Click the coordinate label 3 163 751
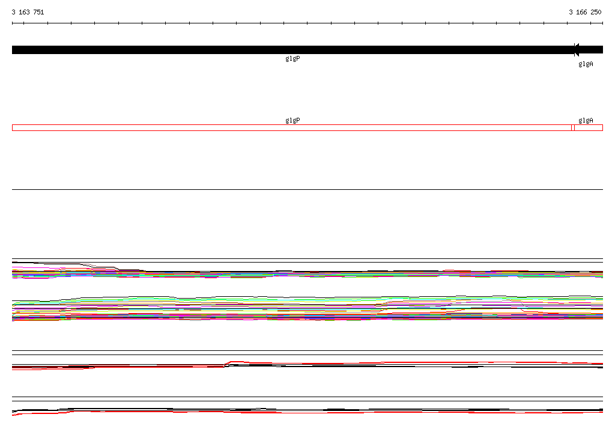coord(28,12)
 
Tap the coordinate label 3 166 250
coord(585,12)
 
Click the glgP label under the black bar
coord(292,58)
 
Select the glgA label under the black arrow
coord(586,64)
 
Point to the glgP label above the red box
coord(292,120)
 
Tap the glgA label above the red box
coord(586,120)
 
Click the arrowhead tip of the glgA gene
coord(574,50)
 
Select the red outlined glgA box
coord(589,127)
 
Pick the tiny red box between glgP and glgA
coord(573,127)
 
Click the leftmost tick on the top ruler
coord(12,23)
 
